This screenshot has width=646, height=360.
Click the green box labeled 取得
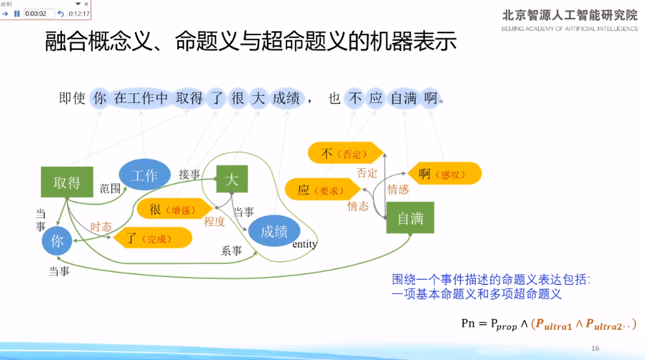[x=67, y=182]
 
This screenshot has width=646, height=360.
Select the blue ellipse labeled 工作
[x=145, y=175]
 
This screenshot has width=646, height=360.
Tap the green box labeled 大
[x=232, y=180]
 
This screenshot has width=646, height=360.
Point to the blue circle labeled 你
[x=58, y=240]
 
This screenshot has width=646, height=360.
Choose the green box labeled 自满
[x=410, y=218]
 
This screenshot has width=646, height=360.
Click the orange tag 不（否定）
[x=342, y=153]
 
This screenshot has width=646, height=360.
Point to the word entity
[x=304, y=244]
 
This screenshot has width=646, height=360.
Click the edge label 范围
[x=110, y=188]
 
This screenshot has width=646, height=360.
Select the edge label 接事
[x=189, y=174]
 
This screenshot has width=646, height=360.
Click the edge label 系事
[x=232, y=251]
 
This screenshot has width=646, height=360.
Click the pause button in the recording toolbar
[x=17, y=13]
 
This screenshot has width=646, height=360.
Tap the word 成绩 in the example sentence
[x=286, y=98]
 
